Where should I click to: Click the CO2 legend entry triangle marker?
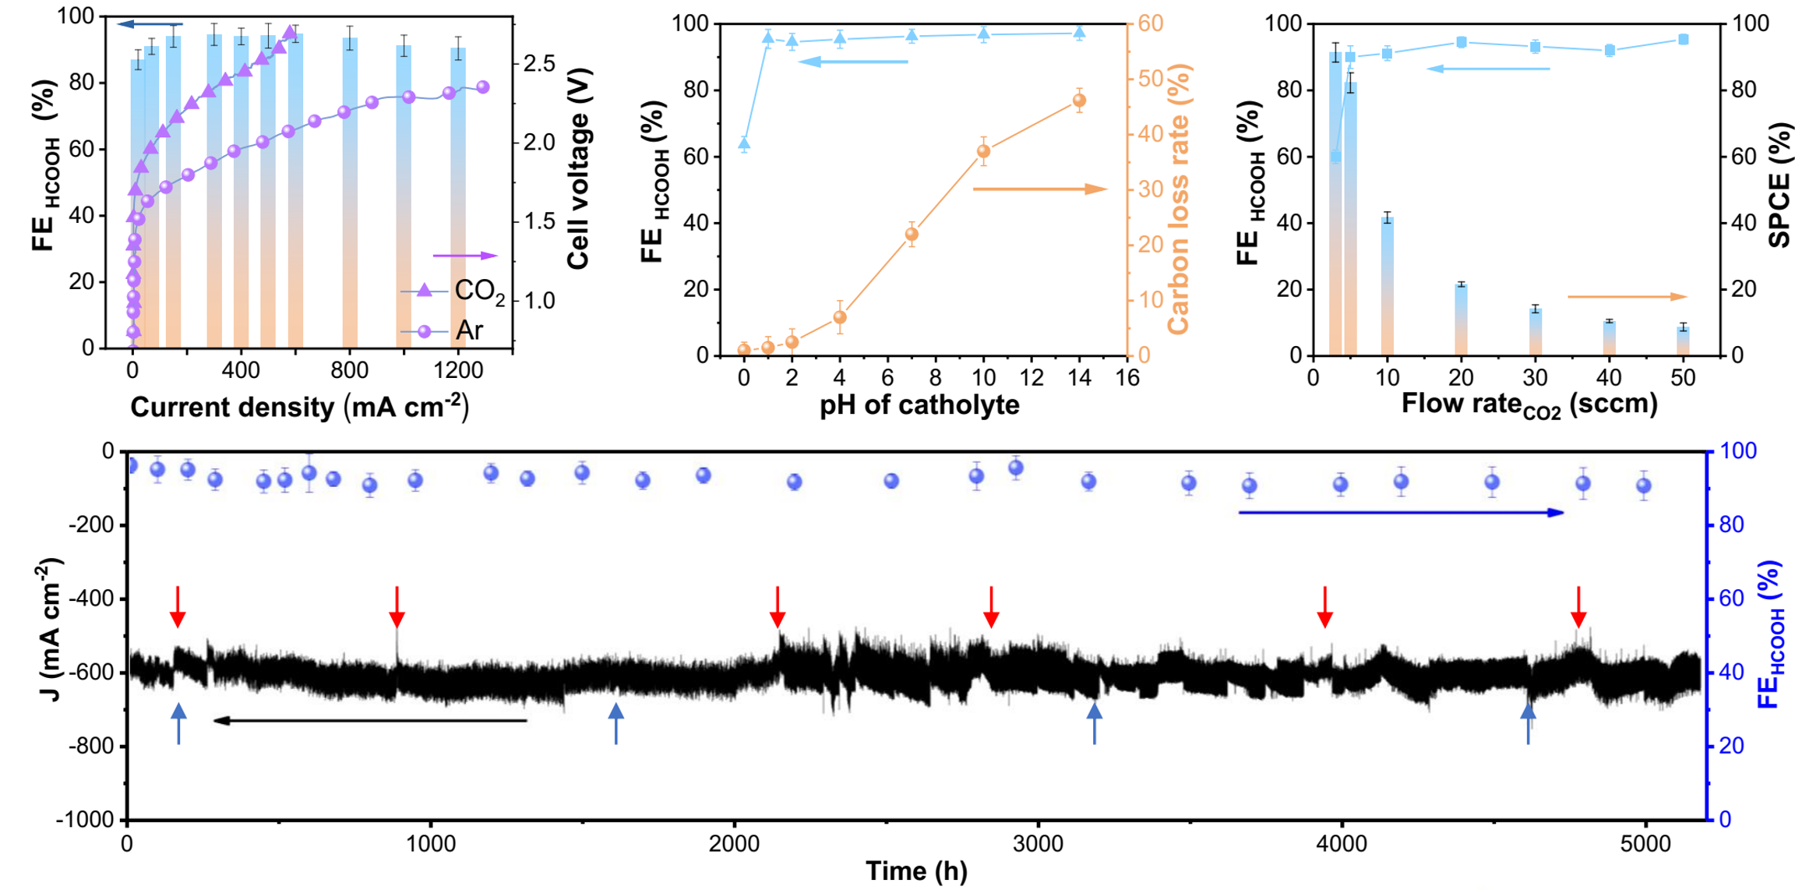(x=424, y=291)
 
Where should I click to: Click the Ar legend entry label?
(x=470, y=330)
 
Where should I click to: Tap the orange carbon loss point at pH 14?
(x=1079, y=101)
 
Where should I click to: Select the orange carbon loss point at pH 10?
(x=983, y=151)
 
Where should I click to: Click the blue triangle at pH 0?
(x=744, y=143)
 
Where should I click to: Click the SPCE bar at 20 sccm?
(x=1461, y=320)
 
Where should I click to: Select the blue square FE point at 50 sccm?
(x=1684, y=40)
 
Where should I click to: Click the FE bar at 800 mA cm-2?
(x=350, y=195)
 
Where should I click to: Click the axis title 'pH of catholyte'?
(x=919, y=405)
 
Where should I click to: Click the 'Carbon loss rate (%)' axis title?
(x=1179, y=199)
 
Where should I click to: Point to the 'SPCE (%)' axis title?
(x=1779, y=185)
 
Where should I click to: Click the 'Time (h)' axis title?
(x=916, y=871)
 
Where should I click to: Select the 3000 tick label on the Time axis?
(x=1039, y=845)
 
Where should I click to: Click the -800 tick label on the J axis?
(x=92, y=747)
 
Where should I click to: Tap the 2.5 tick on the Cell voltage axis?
(x=539, y=63)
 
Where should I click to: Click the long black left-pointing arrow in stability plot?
(x=370, y=721)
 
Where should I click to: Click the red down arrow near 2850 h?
(x=991, y=607)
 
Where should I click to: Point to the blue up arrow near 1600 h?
(x=616, y=723)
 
